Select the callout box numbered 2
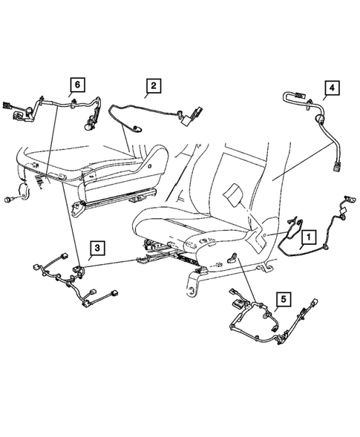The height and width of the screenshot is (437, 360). click(152, 87)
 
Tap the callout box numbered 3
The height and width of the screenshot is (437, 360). click(96, 249)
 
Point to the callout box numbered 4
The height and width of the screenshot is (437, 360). click(332, 88)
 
